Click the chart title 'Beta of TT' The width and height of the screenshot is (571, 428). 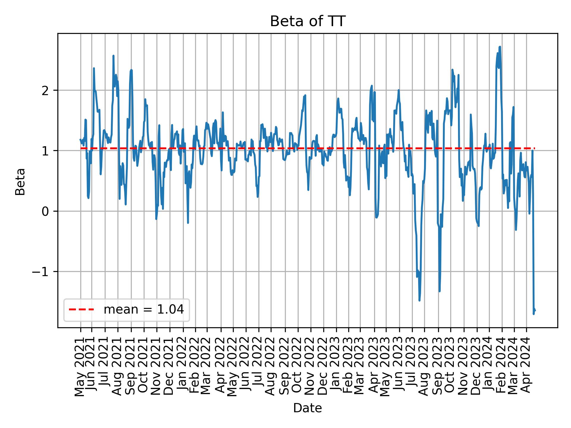pos(308,22)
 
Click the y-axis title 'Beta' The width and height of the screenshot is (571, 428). pos(20,182)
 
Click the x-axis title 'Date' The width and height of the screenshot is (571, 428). pos(308,408)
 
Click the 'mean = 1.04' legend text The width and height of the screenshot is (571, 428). pos(144,310)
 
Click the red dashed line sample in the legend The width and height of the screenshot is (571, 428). pos(81,310)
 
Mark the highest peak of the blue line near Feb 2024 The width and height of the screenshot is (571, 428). pos(500,47)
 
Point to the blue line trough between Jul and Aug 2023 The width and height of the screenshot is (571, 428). pos(419,300)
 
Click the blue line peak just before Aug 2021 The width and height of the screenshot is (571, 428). pos(113,56)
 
